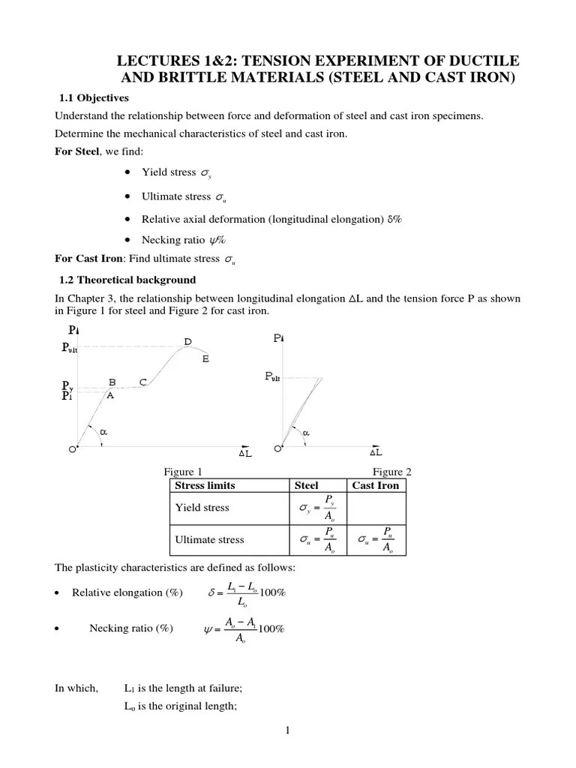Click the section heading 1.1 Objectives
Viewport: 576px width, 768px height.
[x=94, y=98]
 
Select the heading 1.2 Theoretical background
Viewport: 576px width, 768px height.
[x=127, y=280]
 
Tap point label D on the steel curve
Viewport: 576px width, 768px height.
[x=188, y=343]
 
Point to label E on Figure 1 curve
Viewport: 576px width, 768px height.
[x=205, y=359]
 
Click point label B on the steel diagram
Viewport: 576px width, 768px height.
[x=113, y=382]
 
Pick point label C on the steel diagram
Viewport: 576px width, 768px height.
[x=143, y=382]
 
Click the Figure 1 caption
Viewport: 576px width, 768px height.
[x=183, y=472]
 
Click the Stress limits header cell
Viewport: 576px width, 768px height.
[x=205, y=485]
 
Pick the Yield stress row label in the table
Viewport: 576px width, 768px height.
[x=202, y=508]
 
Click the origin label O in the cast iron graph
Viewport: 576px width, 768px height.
[x=277, y=448]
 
